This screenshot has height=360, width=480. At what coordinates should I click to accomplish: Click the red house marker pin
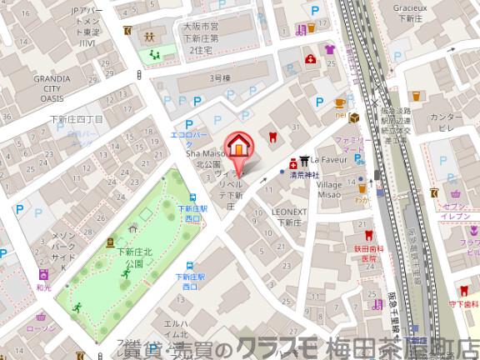238,147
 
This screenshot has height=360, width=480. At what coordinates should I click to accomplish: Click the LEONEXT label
289,212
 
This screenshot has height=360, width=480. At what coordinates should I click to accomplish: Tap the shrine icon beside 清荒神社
306,162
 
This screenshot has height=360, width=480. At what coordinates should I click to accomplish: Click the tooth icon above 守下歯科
464,290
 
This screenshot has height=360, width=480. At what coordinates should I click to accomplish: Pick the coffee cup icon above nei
340,103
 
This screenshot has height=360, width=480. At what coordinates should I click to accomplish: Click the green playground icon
154,55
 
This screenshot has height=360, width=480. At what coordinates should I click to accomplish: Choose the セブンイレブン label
457,211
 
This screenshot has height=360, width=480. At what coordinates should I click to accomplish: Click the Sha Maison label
204,154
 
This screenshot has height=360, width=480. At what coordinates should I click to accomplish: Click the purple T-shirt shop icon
329,49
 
